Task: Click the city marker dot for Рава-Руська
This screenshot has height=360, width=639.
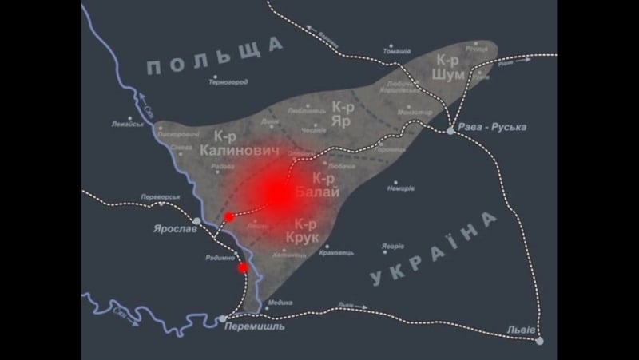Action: (451, 130)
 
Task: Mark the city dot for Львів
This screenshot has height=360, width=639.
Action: (540, 341)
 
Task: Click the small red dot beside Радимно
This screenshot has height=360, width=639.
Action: (243, 268)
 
